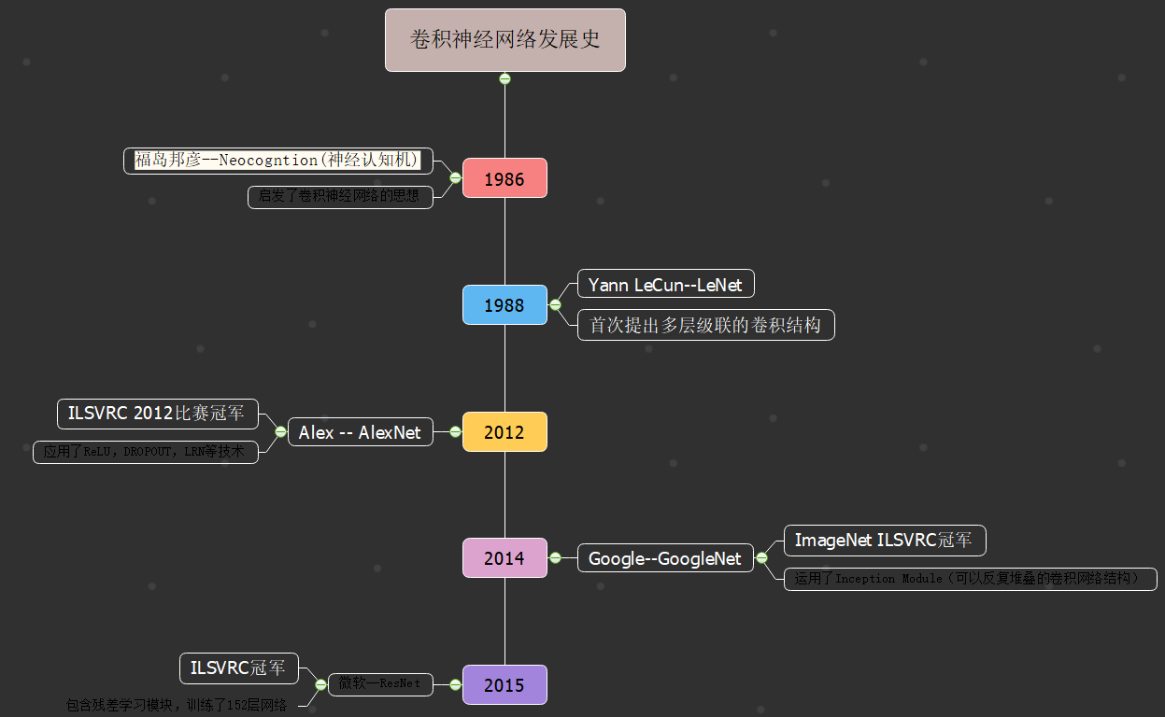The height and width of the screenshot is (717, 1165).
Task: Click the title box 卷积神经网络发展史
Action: point(504,40)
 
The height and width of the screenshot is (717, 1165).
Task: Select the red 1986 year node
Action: point(504,178)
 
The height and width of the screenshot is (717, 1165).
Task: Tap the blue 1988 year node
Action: point(504,305)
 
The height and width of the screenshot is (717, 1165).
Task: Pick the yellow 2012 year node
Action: point(504,432)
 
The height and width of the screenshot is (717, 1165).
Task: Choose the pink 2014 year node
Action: point(504,558)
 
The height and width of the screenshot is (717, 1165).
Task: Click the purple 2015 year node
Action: point(504,684)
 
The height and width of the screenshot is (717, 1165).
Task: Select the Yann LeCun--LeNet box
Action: point(665,284)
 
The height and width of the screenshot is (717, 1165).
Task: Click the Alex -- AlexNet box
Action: point(360,432)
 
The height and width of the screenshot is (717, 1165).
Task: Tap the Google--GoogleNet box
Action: point(664,558)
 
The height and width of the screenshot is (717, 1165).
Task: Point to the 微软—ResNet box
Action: point(379,683)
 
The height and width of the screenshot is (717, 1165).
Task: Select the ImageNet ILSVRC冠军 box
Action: point(884,540)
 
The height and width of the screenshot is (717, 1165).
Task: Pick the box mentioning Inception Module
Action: point(969,579)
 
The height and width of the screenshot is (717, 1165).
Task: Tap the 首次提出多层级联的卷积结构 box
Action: point(705,325)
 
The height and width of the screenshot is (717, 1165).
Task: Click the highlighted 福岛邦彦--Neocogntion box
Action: point(277,161)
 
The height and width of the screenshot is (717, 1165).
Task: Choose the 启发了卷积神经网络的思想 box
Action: point(340,197)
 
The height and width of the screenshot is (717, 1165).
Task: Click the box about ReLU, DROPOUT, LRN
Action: point(145,452)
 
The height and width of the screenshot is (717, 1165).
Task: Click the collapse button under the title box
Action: point(504,79)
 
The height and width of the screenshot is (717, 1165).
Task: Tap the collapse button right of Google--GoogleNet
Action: point(761,558)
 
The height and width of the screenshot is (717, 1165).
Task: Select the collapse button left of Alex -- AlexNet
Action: point(280,431)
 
